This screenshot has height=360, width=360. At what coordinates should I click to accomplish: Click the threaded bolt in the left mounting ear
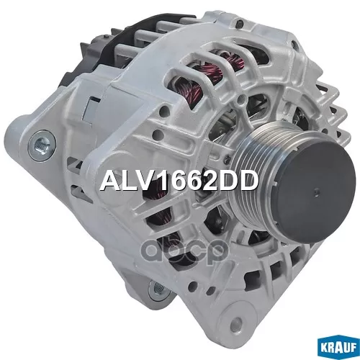pyautogui.click(x=42, y=145)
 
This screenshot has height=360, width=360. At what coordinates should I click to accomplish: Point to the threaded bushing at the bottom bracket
pyautogui.click(x=158, y=288)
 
